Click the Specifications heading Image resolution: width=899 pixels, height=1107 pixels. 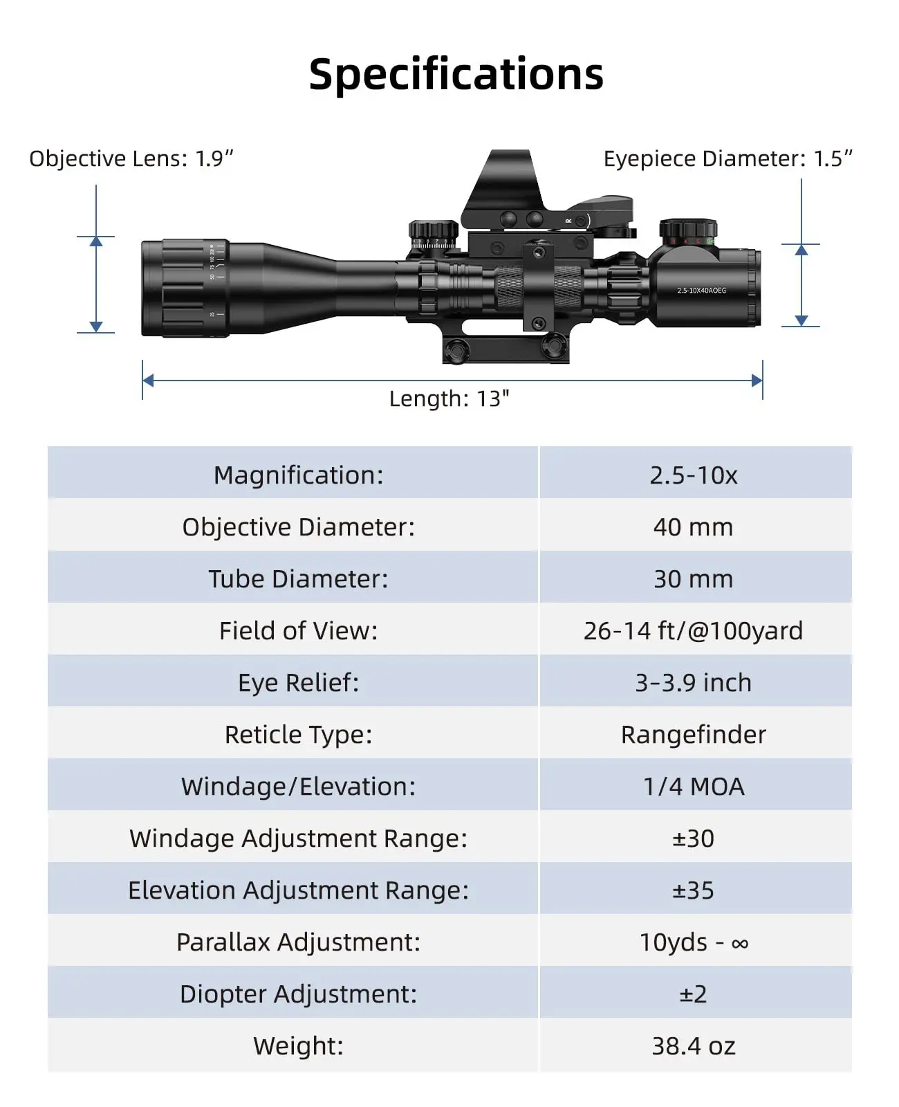(x=456, y=74)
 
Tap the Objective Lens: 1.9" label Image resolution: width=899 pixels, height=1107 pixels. (x=131, y=158)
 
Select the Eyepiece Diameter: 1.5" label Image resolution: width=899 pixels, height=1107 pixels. (x=727, y=158)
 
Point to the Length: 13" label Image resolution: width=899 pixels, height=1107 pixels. (x=449, y=399)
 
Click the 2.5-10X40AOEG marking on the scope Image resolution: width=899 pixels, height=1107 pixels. (x=701, y=291)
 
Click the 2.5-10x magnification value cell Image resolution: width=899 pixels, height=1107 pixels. (x=694, y=475)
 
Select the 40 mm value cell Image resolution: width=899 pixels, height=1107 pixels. (x=693, y=527)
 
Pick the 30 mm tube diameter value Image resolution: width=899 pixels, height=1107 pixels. (x=693, y=579)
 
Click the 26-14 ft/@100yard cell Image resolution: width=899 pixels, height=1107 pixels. (x=693, y=631)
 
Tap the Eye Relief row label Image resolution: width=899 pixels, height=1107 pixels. (x=299, y=683)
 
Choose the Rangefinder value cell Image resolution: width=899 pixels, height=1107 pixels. (x=694, y=735)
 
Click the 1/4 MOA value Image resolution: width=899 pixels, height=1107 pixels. (x=694, y=787)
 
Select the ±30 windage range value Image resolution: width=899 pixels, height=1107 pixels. (x=693, y=839)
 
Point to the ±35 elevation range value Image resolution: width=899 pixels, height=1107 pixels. (x=693, y=890)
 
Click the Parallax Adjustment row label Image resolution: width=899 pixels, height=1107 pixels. (x=299, y=942)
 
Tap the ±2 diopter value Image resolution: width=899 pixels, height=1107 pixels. (x=693, y=994)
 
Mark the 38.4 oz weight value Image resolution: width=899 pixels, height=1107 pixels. (x=694, y=1046)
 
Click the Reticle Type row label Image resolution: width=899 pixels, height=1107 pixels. (x=299, y=735)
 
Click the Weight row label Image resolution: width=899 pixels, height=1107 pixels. (x=299, y=1046)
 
